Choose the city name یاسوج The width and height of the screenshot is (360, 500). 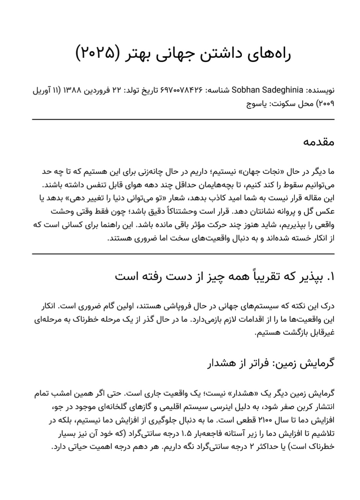[256, 104]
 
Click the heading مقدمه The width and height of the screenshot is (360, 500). [319, 142]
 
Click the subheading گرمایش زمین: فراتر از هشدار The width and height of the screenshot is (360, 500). [270, 362]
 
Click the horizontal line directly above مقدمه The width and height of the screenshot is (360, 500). [183, 120]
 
